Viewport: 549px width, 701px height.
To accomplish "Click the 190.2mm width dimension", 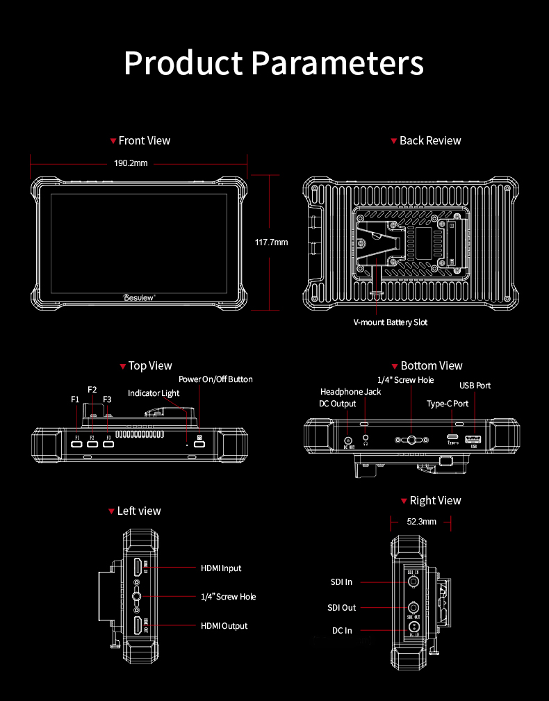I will click(131, 163).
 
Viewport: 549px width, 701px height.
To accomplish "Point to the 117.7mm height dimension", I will click(271, 242).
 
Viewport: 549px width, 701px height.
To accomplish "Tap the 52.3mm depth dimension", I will click(422, 521).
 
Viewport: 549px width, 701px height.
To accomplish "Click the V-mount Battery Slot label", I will click(391, 322).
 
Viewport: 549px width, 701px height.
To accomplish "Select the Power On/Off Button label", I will click(215, 379).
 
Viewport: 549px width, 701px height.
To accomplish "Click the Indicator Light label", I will click(154, 393).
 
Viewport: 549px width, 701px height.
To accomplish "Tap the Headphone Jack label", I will click(350, 392).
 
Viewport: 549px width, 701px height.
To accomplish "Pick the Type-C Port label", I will click(448, 404).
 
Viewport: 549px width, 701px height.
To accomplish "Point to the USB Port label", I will click(475, 386).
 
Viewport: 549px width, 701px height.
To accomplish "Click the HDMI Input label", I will click(221, 568).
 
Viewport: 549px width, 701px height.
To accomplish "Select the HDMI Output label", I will click(224, 626).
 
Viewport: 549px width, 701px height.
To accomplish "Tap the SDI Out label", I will click(341, 608).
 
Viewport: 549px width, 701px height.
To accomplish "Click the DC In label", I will click(342, 631).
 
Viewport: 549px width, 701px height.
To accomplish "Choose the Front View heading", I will click(144, 140).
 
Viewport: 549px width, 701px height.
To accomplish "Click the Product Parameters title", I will click(274, 63).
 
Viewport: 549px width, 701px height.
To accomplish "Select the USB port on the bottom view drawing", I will click(474, 439).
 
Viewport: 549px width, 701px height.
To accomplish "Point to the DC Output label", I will click(337, 404).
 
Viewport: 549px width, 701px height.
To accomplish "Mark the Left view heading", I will click(139, 511).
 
